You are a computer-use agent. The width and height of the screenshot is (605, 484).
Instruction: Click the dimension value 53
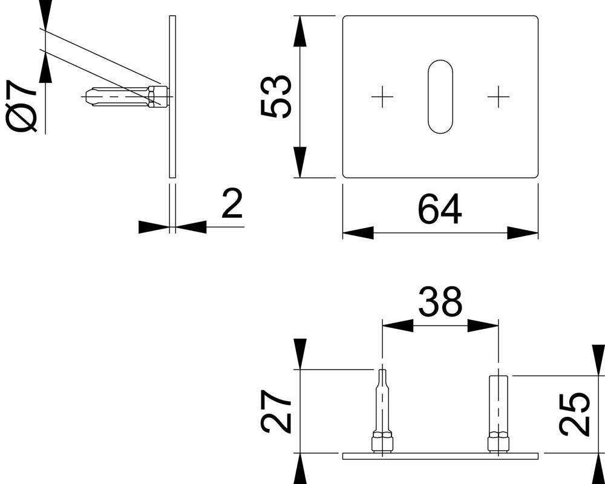click(276, 97)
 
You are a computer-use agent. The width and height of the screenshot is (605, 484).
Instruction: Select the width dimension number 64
click(440, 209)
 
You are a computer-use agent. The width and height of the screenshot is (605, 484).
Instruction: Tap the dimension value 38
click(440, 302)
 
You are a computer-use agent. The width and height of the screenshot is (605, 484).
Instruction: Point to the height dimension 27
click(276, 411)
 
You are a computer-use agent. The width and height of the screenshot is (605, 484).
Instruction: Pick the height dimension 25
click(574, 414)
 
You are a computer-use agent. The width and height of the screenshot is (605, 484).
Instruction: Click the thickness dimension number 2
click(232, 204)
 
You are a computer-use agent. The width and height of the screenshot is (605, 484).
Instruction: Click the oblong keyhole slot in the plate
click(440, 97)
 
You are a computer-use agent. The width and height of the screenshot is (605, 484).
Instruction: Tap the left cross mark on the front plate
click(382, 97)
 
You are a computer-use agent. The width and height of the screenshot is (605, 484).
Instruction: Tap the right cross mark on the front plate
click(498, 97)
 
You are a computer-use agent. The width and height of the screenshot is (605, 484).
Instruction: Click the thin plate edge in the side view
click(172, 97)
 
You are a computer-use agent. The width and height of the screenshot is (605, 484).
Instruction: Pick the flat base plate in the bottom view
click(440, 454)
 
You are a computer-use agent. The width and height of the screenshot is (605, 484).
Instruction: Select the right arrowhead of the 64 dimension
click(523, 233)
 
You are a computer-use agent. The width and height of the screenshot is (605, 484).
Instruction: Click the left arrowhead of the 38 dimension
click(397, 325)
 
